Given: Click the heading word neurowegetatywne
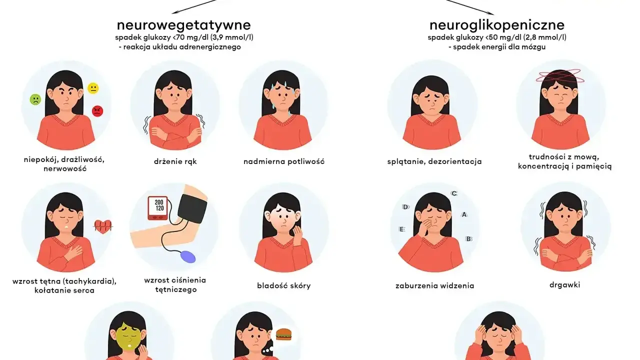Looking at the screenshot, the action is pos(183,25).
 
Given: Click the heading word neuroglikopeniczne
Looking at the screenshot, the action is pos(497,25).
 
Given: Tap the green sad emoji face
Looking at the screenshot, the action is pos(35,99).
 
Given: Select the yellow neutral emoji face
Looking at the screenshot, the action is pos(93,88).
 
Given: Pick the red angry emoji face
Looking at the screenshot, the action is pos(97,111).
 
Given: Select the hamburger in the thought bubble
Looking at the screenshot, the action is pos(283,334).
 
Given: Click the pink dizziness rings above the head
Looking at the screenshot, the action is pos(558,75).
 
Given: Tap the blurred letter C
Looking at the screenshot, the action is pos(454,193).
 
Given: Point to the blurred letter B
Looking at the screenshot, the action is pos(468,238).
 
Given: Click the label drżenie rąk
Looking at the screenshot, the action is pos(175,161).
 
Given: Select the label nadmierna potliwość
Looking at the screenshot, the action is pos(284,161).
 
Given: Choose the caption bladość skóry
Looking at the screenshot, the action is pos(283,285).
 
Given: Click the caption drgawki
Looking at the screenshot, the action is pos(565,285).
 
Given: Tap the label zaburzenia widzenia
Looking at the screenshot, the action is pos(434,285).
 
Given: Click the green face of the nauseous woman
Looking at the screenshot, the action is pos(129,340).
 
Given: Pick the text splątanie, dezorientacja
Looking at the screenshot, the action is pos(434,161).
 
